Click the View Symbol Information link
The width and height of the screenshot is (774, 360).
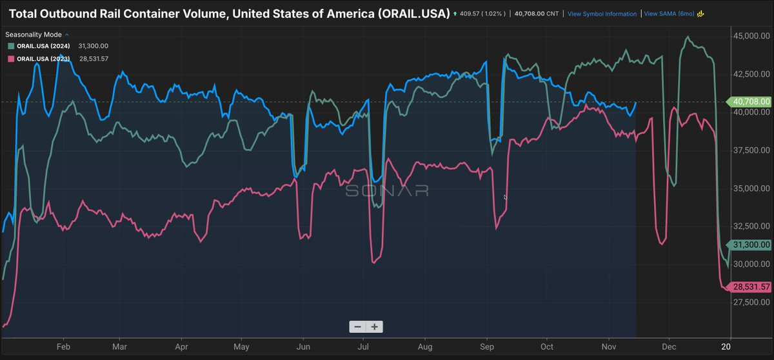click(x=602, y=14)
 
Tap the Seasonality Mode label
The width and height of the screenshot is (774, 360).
click(x=34, y=34)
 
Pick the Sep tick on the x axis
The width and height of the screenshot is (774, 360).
click(x=486, y=346)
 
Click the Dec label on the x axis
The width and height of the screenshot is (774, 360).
click(x=668, y=346)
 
